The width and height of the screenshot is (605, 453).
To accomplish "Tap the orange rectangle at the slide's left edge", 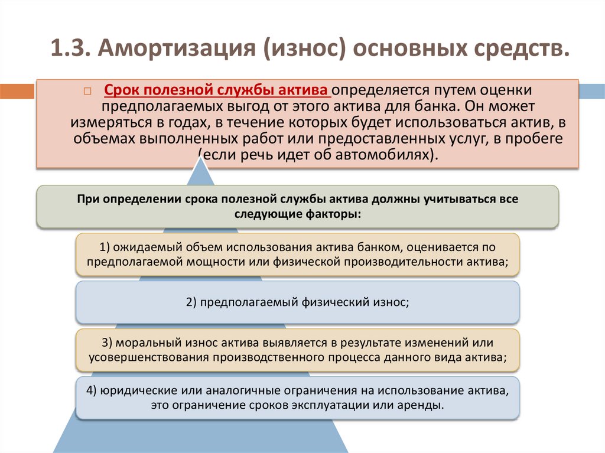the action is (x=17, y=91).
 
